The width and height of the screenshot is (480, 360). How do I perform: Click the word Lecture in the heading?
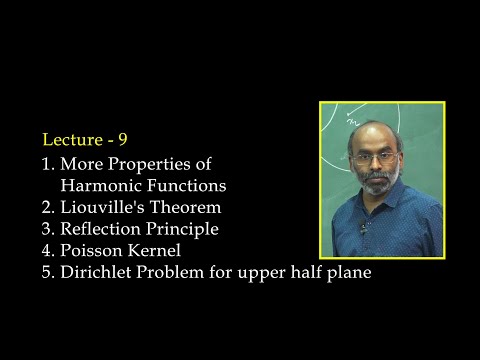point(70,139)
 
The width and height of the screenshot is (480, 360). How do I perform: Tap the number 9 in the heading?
point(122,139)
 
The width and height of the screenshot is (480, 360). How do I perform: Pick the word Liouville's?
point(106,207)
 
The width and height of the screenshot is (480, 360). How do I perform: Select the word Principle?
point(185,229)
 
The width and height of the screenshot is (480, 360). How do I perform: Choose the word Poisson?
point(93,251)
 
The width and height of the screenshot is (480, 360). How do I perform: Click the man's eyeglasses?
point(374,157)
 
